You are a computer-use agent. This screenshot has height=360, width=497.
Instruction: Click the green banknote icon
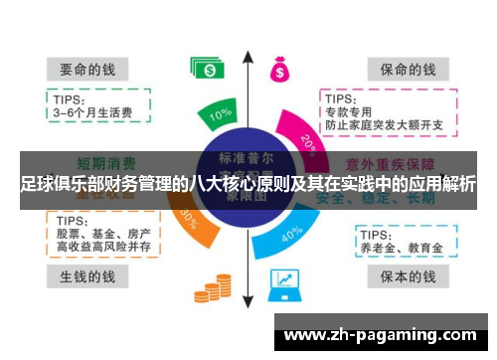(209, 69)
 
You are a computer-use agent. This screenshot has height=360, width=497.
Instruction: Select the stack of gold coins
(218, 285)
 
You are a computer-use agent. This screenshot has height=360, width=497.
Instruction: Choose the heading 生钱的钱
(83, 275)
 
